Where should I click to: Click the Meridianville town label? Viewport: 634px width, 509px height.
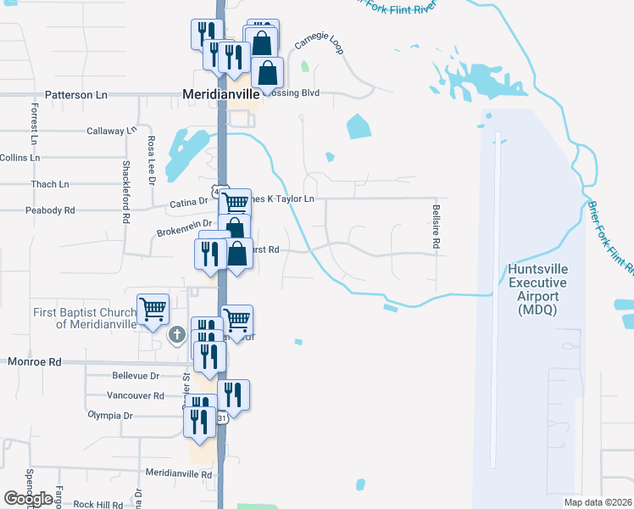(221, 95)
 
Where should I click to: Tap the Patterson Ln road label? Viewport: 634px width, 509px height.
(81, 95)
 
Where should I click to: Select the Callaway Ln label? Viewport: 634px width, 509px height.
(111, 131)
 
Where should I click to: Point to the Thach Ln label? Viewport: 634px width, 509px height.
(49, 184)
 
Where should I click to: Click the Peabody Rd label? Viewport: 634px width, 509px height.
(50, 210)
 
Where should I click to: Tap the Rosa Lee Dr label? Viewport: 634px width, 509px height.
(152, 161)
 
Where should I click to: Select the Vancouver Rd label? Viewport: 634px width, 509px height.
(136, 395)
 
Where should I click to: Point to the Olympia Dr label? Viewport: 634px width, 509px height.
(110, 416)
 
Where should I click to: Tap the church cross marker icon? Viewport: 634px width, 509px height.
(176, 334)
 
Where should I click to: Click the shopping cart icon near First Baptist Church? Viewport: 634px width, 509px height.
(153, 309)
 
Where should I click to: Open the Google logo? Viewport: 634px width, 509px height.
(28, 499)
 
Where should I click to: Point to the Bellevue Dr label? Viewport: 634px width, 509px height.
(136, 375)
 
